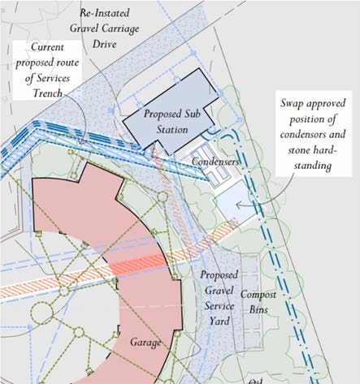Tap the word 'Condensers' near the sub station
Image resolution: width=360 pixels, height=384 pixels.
215,162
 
